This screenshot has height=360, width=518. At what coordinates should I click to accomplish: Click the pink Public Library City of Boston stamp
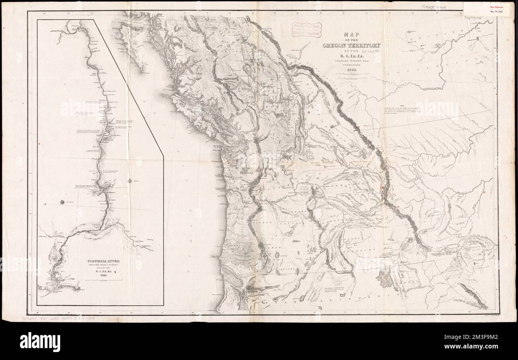(306, 30)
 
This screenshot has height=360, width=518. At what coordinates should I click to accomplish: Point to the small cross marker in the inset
(47, 205)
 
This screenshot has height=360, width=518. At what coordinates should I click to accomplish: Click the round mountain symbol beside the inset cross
(63, 202)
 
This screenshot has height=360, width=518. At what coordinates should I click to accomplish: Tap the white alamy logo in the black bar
(40, 341)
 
